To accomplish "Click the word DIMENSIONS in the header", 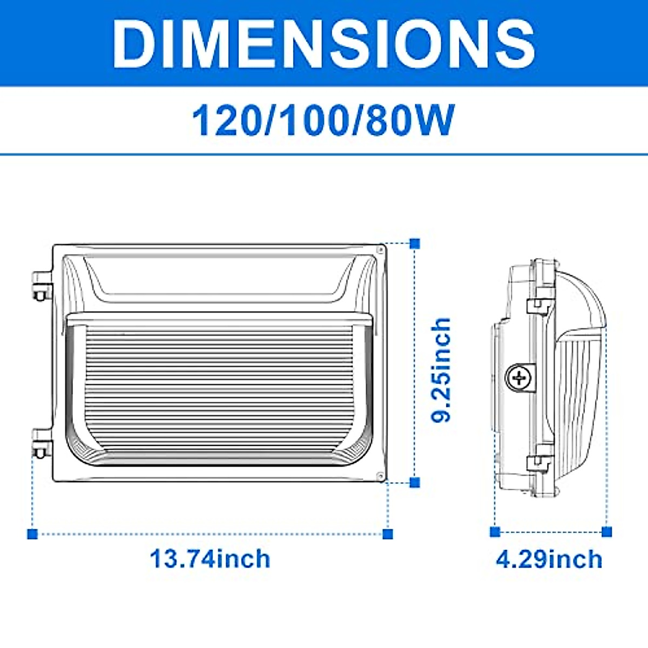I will coord(323,43).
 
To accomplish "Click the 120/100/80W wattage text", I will coord(323,120).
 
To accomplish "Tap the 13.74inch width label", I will coord(210,558).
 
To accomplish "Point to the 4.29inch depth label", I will coord(549,559).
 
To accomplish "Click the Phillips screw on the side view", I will coord(519,377).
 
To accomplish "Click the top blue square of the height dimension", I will coord(415,244).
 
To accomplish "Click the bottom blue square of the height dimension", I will coord(415,482).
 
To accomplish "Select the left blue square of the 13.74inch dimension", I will coord(32,534).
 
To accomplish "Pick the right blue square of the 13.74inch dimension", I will coord(388,534).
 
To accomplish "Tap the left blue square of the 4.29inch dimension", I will coord(495,532).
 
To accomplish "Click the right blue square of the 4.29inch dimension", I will coord(606,532).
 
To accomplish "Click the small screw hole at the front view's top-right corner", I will coord(380,251).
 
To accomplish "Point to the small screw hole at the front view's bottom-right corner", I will coord(380,475).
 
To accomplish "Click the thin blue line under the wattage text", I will coord(323,155).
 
